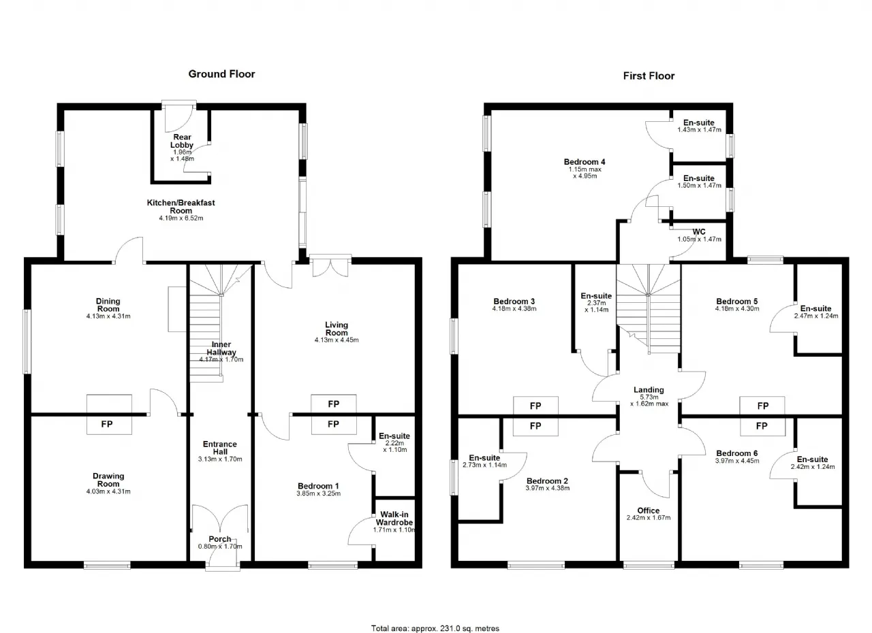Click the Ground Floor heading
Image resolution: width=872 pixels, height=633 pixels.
pos(221,74)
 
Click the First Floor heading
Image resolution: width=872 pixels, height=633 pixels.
pos(649,76)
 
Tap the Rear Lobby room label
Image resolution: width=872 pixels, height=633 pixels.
pos(182,141)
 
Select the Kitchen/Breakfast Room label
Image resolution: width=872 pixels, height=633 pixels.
pos(181,206)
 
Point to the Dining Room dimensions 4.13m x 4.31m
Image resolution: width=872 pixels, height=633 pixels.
pos(108,316)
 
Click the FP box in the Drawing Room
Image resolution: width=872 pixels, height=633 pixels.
pos(109,424)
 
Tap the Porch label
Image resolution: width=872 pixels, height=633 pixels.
pos(220,539)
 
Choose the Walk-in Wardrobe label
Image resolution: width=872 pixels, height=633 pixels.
pos(394,518)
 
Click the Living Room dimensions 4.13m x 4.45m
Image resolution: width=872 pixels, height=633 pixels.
pos(337,340)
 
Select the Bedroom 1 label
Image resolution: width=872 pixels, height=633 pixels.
pos(318,486)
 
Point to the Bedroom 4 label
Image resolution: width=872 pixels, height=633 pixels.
pos(585,162)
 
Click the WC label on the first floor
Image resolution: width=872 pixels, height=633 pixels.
pos(699,231)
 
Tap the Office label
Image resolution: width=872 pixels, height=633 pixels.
pos(648,510)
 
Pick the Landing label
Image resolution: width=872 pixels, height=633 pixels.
pos(649,389)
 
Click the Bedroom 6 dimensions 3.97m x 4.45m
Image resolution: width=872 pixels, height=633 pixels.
pos(737,461)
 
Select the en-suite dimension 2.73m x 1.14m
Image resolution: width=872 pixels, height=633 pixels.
pos(484,465)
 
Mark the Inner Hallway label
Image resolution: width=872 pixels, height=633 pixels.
pos(221,348)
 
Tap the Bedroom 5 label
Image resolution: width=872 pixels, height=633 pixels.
pos(737,302)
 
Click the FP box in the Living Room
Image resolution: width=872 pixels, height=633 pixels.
pos(334,404)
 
